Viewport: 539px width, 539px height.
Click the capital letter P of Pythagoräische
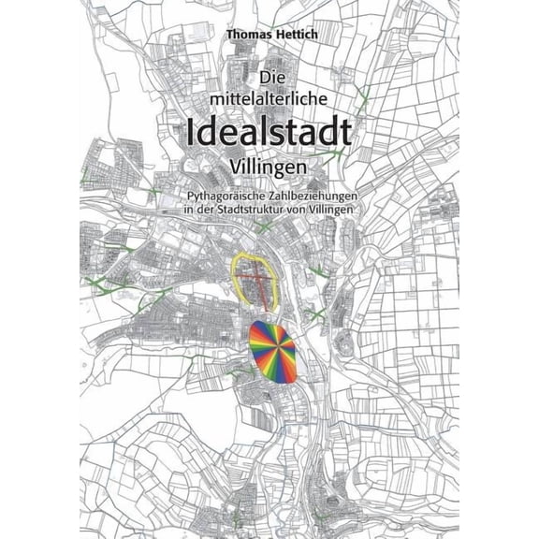click(x=191, y=196)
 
